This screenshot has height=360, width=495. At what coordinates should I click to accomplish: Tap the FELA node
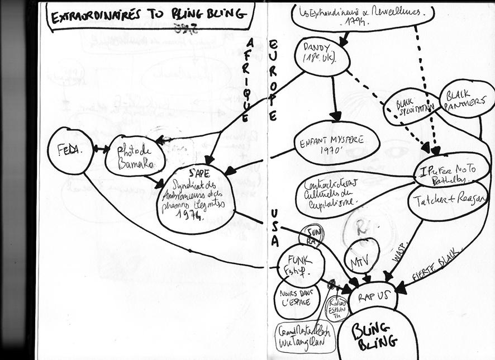(x=70, y=150)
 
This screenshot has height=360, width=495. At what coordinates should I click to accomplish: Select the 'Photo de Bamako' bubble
(x=135, y=156)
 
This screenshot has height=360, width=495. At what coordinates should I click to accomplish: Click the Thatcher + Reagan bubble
(x=448, y=200)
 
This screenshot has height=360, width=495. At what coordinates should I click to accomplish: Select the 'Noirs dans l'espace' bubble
(x=296, y=299)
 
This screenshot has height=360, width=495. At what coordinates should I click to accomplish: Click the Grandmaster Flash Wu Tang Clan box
(x=304, y=336)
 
